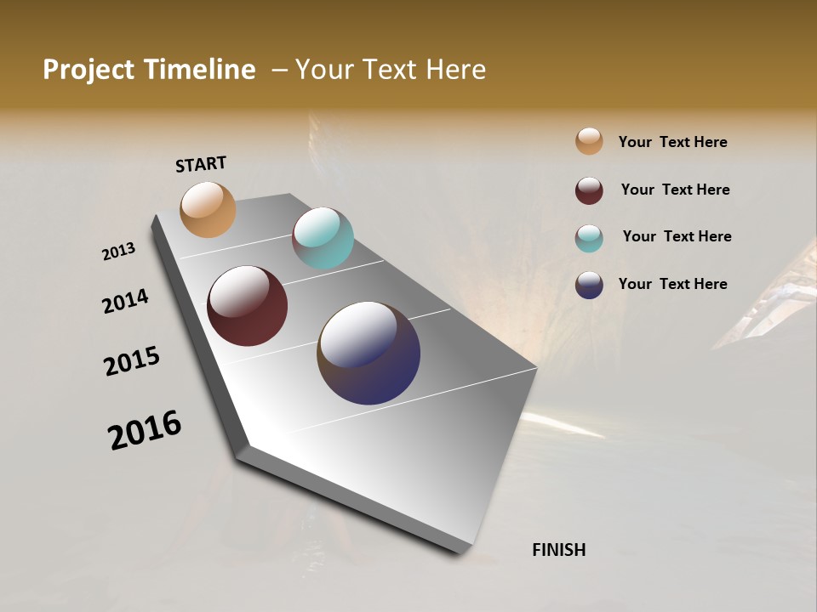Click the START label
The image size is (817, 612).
point(201,164)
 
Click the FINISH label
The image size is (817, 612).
point(558,550)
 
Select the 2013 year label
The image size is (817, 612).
point(119,251)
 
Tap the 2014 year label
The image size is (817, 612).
point(126,301)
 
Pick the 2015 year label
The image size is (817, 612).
point(132,361)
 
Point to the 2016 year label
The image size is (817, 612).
point(145,430)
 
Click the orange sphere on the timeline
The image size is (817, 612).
point(208,209)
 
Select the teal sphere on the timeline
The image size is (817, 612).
point(323,238)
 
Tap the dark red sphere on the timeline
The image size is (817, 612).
point(247,306)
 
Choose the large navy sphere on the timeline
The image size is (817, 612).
point(369,353)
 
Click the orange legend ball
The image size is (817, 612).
point(589,141)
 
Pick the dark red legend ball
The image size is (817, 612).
point(589,190)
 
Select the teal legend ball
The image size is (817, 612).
point(589,238)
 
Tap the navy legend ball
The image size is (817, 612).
point(589,285)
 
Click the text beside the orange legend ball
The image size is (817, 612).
point(672,142)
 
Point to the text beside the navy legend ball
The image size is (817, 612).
point(672,284)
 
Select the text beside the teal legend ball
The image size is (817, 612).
point(677,236)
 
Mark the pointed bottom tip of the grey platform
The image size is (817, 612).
point(460,551)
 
